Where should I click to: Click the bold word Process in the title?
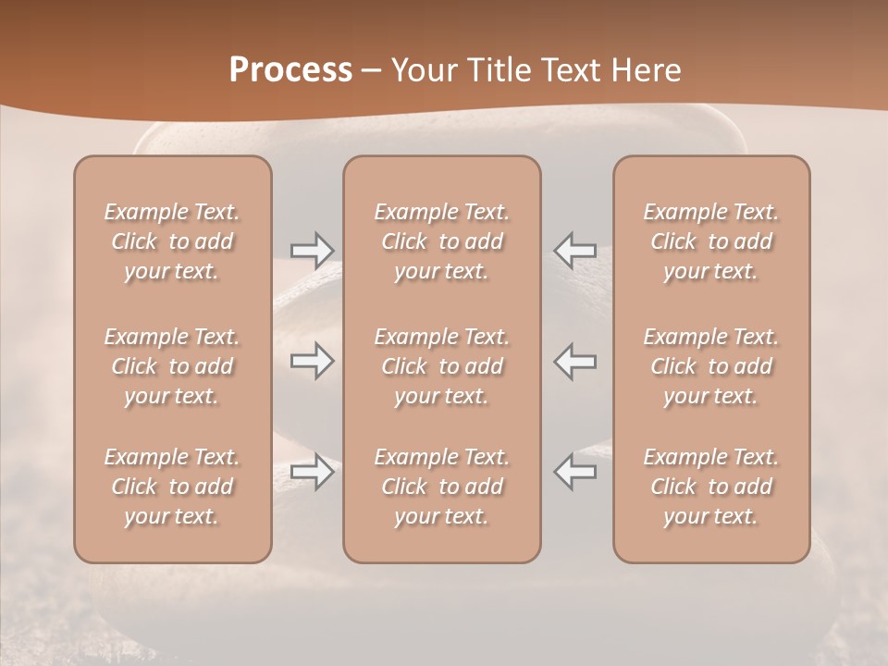(x=290, y=70)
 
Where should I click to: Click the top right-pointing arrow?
(x=312, y=250)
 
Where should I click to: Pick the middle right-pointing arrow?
(x=312, y=361)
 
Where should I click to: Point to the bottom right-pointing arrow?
(x=312, y=472)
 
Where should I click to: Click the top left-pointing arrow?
(x=575, y=250)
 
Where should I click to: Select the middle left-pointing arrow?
(x=575, y=361)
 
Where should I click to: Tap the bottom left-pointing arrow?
(x=575, y=472)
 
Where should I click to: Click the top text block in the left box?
(x=172, y=241)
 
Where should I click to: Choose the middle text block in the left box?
(x=172, y=366)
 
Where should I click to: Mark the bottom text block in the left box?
(x=172, y=487)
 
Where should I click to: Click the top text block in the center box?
(x=442, y=241)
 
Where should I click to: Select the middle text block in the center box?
(x=442, y=366)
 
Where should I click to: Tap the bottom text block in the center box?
(x=442, y=487)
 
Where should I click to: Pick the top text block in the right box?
(x=711, y=241)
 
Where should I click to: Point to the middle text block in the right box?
(x=711, y=366)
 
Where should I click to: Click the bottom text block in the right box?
(x=711, y=487)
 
